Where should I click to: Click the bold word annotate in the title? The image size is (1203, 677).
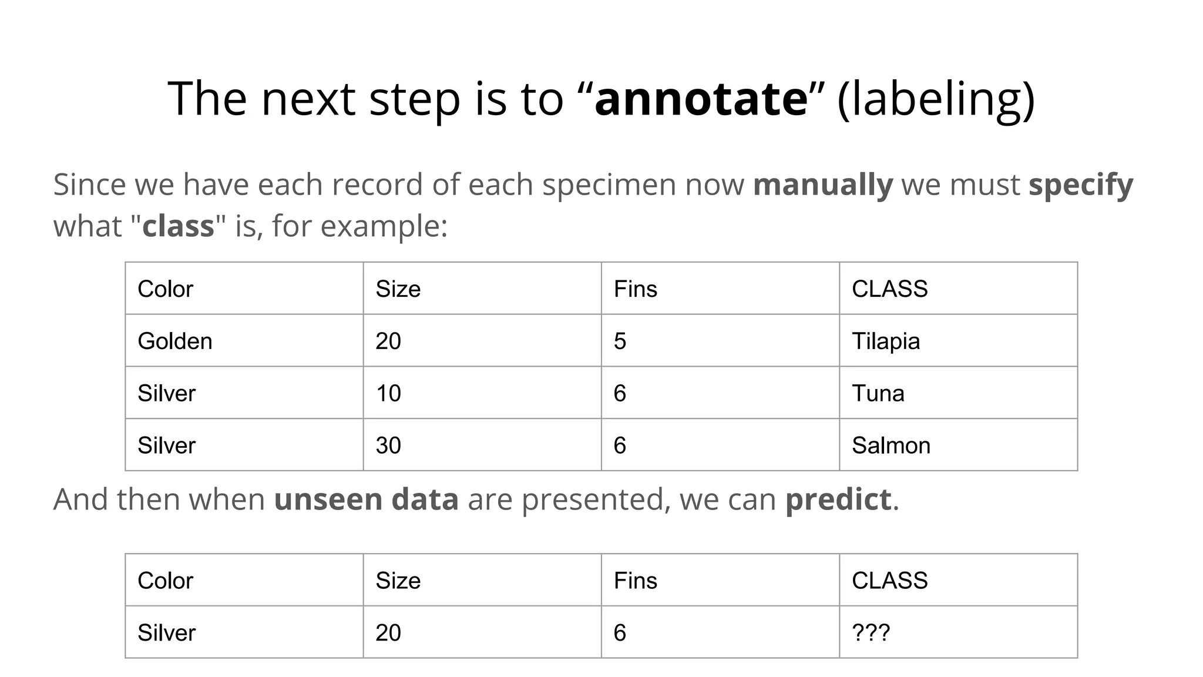point(701,99)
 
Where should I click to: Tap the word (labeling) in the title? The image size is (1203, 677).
point(936,99)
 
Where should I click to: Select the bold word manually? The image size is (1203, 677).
point(822,185)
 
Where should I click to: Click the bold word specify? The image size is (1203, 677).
point(1081,185)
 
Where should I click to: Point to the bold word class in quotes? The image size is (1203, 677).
point(178,226)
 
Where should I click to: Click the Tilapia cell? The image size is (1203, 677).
point(886,341)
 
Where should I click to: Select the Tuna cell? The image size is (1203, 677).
point(878,393)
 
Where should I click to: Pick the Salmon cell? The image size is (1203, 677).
point(891,445)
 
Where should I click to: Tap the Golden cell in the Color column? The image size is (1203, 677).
point(175,341)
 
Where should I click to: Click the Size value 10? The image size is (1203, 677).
point(388,393)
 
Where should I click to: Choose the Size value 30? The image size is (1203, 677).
point(388,445)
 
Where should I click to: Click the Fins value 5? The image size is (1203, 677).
point(620,341)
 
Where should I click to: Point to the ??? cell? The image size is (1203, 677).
point(871,632)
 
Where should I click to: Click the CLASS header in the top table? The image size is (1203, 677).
point(889,289)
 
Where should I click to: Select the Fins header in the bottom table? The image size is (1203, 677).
point(635,581)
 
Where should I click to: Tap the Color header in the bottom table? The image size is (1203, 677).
point(165,581)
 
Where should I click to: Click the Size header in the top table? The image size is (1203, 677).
point(398,289)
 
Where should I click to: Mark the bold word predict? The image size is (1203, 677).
point(838,500)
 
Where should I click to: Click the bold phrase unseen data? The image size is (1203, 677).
point(366,500)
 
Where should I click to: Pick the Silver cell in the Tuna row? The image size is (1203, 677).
point(166,393)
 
